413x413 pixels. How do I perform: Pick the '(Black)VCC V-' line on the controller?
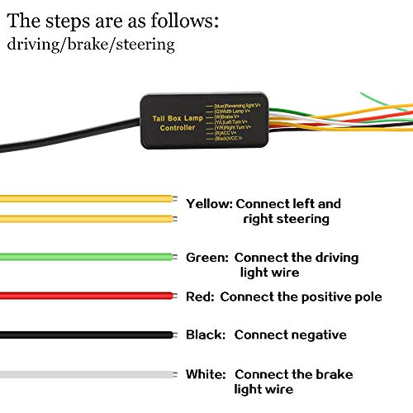tap(236, 138)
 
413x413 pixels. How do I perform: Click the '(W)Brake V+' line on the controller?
tap(231, 116)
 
